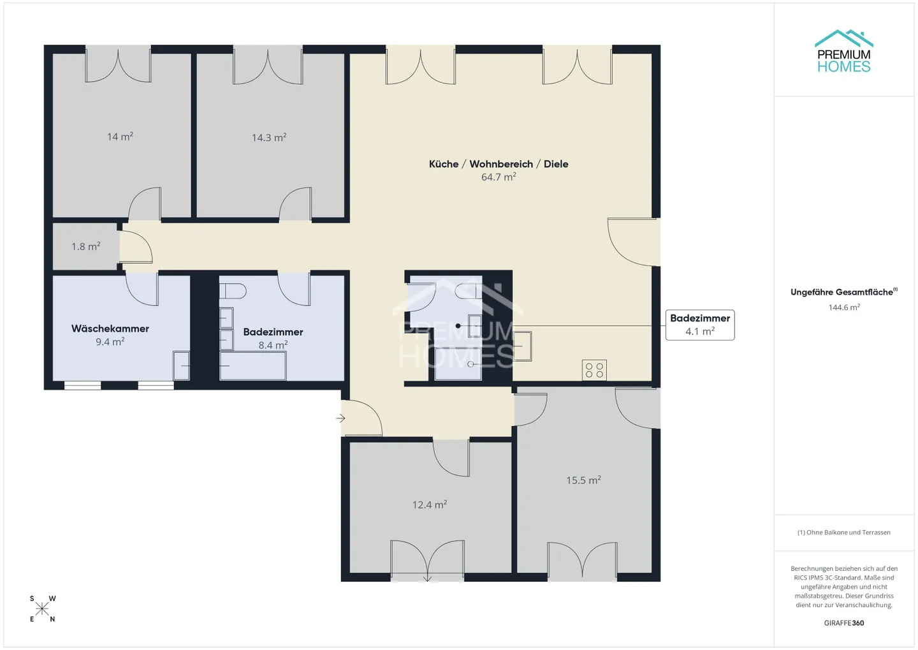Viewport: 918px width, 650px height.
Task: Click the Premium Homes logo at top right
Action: click(843, 52)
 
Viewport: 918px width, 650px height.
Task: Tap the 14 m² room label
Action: click(120, 137)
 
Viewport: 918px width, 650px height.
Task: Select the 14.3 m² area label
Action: click(268, 137)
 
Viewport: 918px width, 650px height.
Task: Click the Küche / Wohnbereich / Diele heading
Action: click(498, 164)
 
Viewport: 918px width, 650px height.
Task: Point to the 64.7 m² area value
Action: click(498, 177)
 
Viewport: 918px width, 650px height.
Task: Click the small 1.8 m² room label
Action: click(85, 246)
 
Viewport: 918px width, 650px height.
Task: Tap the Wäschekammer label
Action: click(110, 329)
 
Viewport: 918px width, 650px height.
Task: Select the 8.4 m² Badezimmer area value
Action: click(273, 345)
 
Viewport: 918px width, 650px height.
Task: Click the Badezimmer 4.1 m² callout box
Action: click(699, 325)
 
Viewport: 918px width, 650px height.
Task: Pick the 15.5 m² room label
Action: click(583, 480)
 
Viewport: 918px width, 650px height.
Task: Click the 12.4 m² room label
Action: click(429, 505)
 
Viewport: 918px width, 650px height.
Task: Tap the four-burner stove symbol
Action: click(594, 370)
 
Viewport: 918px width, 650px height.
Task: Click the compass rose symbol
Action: click(42, 609)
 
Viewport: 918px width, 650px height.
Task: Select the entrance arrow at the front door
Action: click(341, 418)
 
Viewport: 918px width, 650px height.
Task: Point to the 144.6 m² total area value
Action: click(843, 307)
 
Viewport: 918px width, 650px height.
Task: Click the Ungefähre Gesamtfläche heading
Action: click(843, 292)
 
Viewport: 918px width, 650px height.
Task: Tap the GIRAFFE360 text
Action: click(843, 623)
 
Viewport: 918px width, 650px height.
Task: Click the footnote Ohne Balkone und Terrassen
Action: click(843, 533)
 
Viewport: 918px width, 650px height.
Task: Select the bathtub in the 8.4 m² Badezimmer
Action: click(253, 366)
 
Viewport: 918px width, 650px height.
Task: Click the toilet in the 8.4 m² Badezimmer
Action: click(233, 292)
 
